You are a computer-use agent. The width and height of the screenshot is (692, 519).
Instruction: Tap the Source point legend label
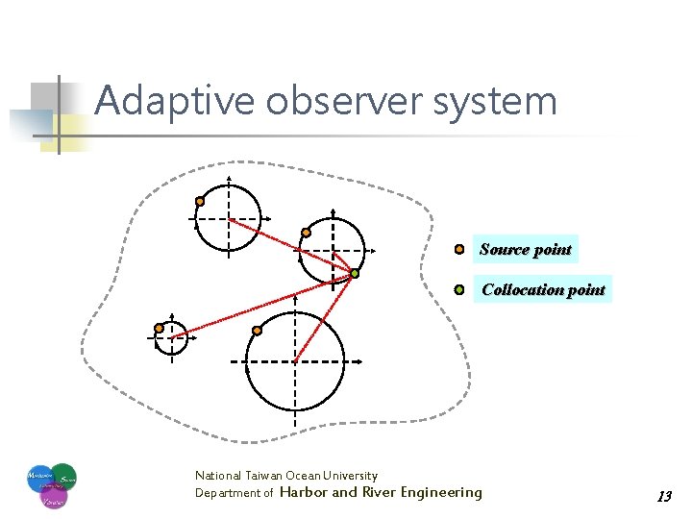[525, 250]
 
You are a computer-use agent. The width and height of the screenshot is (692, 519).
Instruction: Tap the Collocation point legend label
[543, 289]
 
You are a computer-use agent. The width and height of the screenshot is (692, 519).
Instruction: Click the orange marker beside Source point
[459, 249]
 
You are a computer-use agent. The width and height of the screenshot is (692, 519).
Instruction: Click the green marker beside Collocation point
[459, 288]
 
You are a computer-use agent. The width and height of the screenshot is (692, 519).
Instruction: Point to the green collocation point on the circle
[354, 274]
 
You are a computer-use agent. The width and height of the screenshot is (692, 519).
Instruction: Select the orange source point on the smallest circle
[159, 328]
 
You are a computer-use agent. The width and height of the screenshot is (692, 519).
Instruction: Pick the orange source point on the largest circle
[257, 331]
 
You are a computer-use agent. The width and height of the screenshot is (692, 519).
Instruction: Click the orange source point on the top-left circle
[200, 201]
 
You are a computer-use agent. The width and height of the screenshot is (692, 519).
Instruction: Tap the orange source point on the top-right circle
[306, 232]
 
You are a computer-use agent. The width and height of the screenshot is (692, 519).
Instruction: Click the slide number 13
[664, 497]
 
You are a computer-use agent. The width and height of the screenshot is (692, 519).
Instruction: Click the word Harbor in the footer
[303, 492]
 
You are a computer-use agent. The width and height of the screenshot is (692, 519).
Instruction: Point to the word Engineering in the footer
[441, 492]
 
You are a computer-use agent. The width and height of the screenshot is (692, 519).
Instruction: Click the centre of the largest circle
[295, 361]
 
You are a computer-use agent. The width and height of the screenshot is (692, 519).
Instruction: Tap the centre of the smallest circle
[171, 337]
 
